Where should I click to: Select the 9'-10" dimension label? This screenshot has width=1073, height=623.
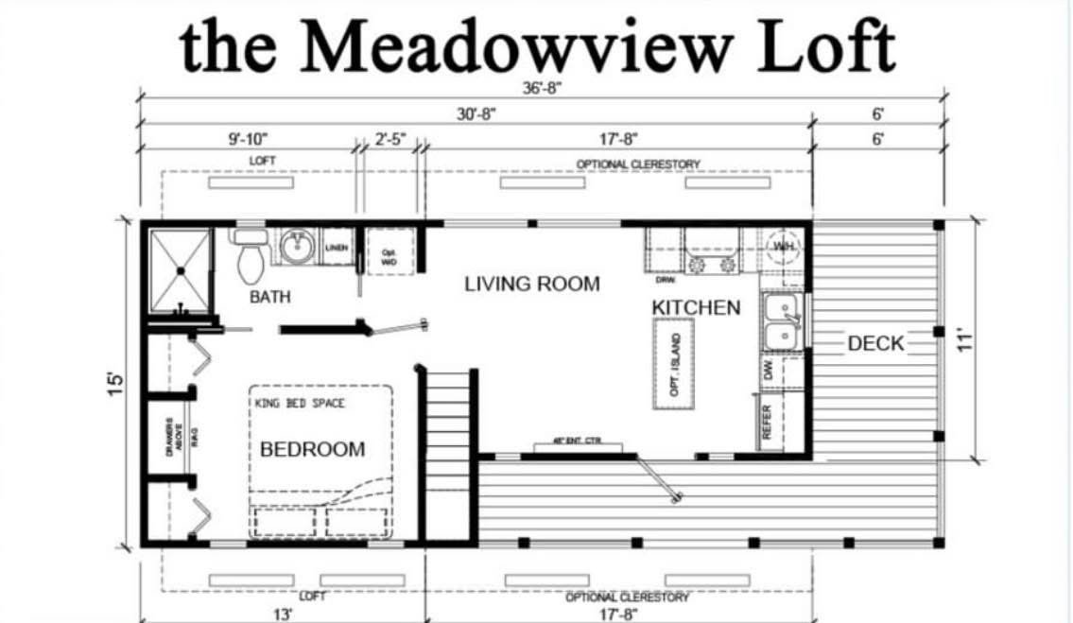pos(248,139)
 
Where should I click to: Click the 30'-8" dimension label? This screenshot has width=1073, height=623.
pos(476,113)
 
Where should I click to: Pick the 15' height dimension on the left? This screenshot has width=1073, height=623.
pos(116,382)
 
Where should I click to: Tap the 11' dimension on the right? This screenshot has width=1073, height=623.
pos(964,340)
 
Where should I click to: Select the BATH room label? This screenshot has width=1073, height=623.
pos(270,297)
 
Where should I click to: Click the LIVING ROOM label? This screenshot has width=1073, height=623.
pos(531,284)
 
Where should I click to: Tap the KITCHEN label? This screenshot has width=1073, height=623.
pos(696,308)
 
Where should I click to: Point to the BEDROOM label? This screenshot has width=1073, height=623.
pos(312,449)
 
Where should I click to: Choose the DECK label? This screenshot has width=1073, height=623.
pos(875,343)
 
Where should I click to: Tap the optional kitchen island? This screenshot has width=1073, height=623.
pos(674,362)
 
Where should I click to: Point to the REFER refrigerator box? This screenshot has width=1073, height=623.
pos(770,422)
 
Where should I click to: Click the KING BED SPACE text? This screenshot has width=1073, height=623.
pos(300,404)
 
